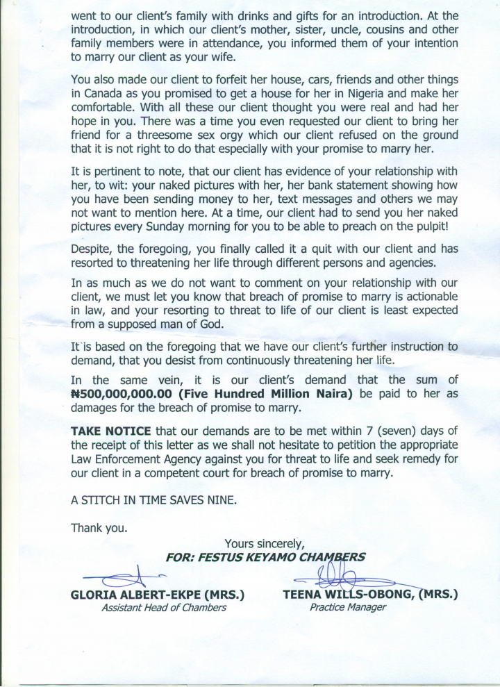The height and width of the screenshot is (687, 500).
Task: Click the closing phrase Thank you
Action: [99, 527]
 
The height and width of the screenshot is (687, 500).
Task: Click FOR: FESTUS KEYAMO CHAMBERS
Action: [265, 556]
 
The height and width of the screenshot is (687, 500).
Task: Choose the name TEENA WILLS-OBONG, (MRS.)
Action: [371, 595]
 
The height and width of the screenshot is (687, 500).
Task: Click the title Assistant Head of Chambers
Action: [164, 608]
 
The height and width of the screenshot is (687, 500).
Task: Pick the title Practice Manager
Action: [347, 608]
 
